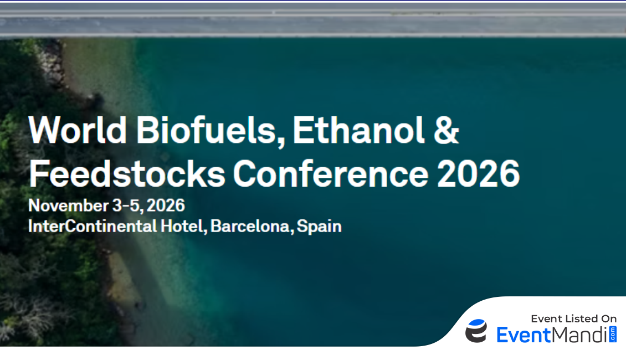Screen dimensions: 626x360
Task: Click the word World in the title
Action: pos(78,130)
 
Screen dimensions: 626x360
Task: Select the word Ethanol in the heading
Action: pos(358,130)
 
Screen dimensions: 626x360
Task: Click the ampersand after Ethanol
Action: pos(447,130)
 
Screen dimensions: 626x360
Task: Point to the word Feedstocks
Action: pos(127,173)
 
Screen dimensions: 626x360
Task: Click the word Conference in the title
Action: pos(331,173)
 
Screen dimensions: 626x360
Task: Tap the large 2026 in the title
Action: pos(478,173)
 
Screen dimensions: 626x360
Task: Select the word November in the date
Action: pos(68,205)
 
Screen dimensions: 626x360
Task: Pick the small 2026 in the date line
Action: pos(166,205)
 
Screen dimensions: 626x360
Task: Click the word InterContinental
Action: pos(92,227)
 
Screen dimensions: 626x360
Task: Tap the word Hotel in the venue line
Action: pos(183,227)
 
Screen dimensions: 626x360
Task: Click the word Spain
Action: pos(319,227)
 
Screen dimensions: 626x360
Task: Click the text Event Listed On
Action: pos(574,318)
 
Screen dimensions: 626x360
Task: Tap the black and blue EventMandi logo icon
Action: pos(476,331)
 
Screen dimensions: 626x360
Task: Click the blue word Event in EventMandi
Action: pos(524,335)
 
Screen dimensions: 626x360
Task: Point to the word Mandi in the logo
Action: pos(579,335)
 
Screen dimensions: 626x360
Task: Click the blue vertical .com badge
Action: pos(613,334)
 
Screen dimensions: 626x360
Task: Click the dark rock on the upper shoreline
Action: pos(96,100)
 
